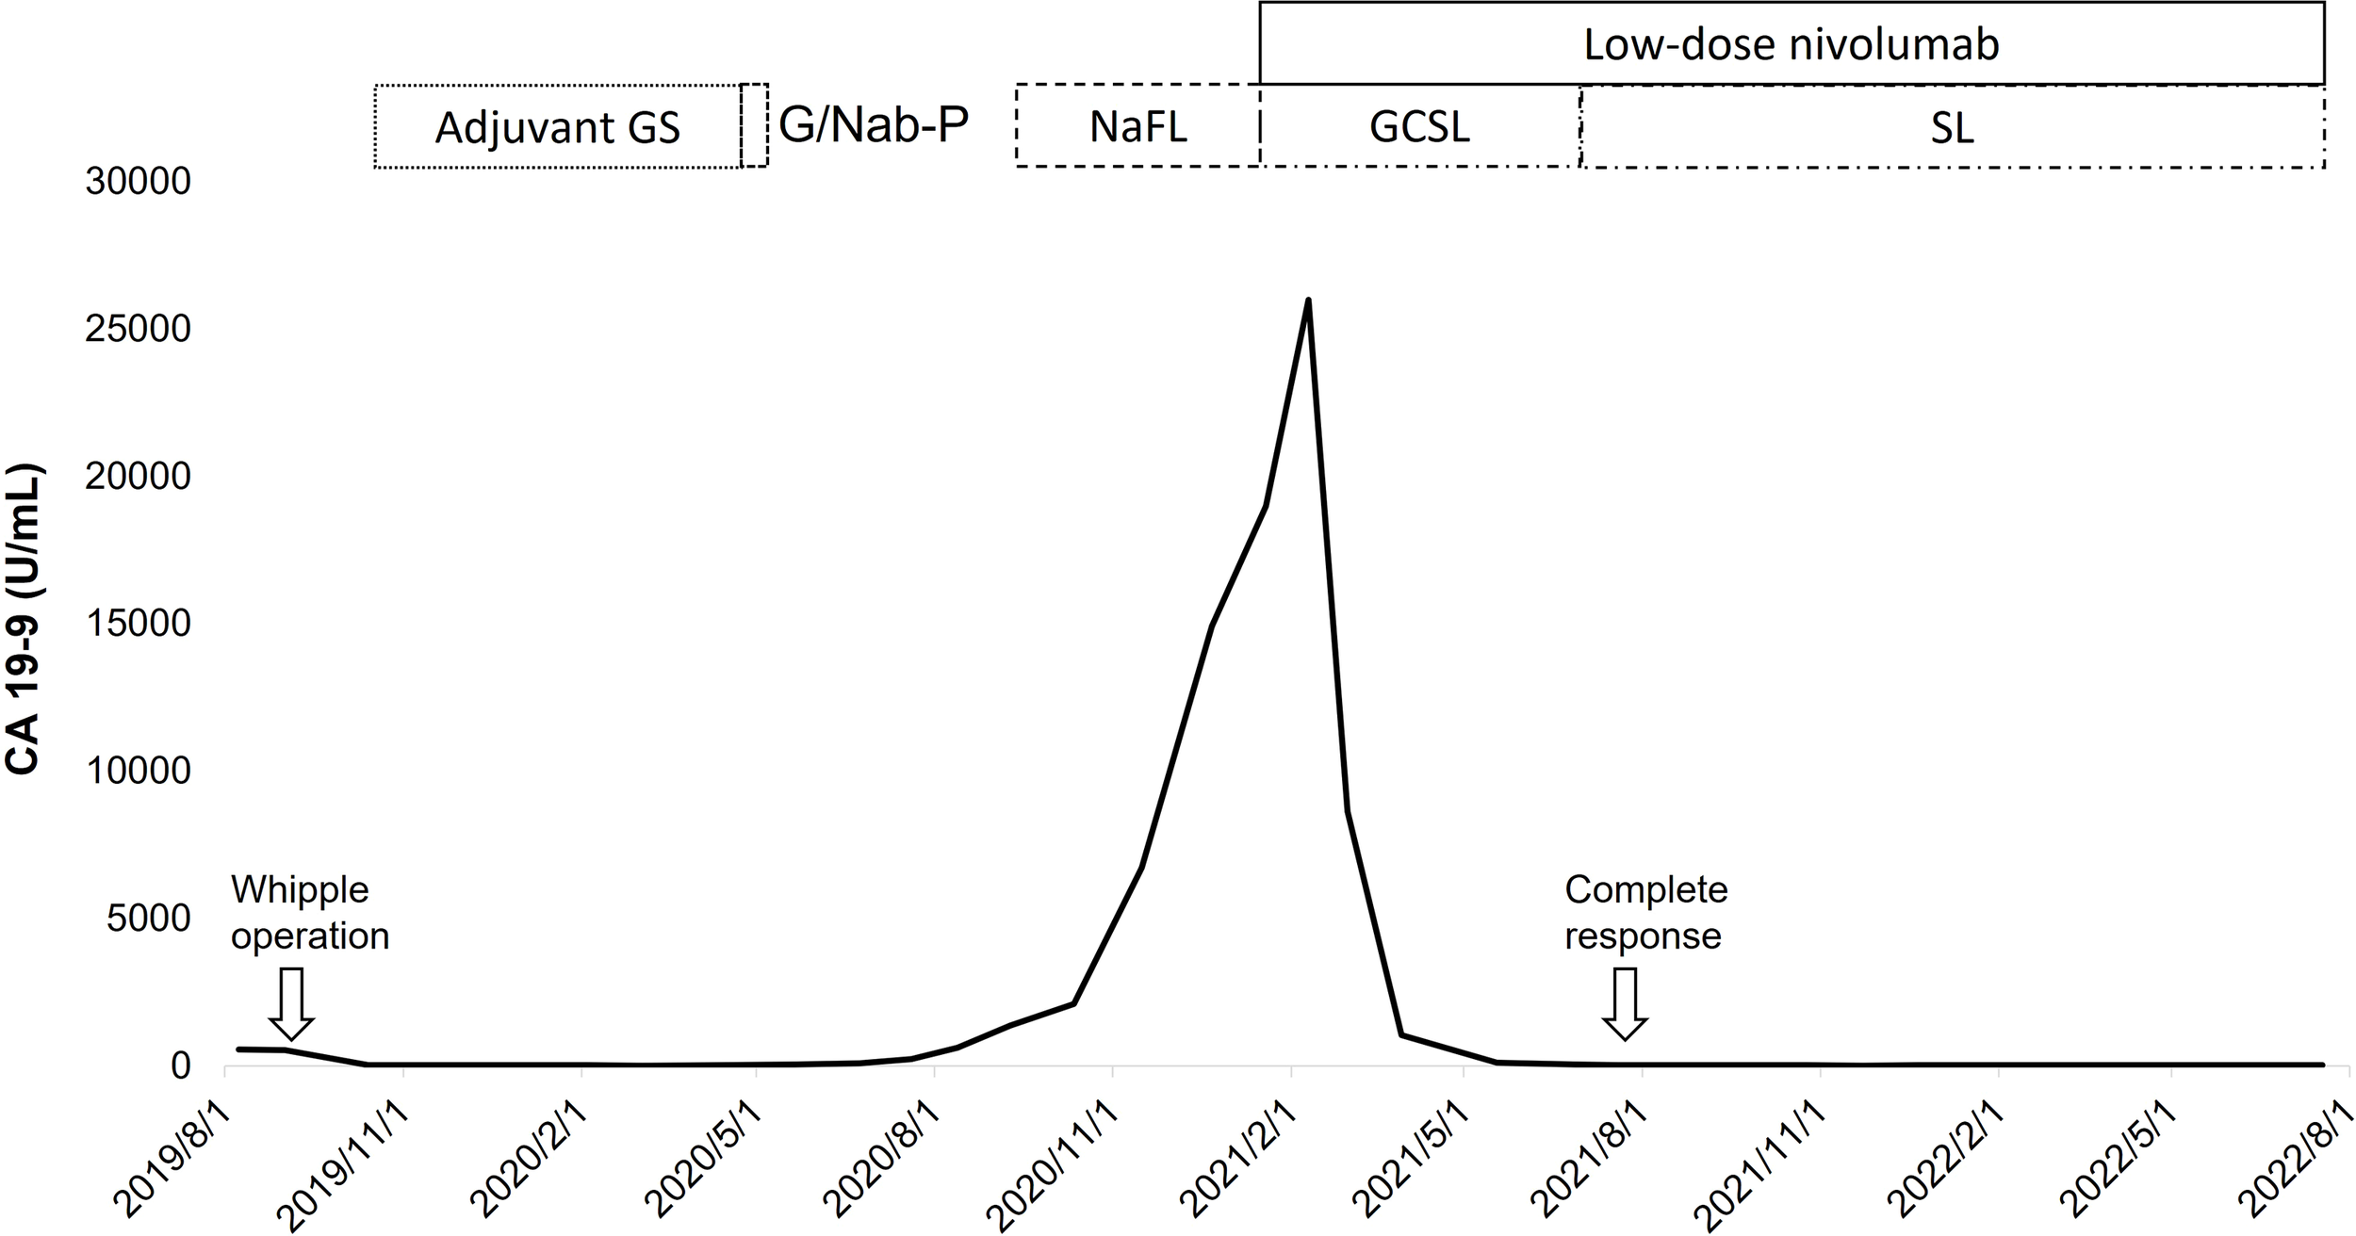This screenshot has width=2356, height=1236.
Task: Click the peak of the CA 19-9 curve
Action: pos(1307,301)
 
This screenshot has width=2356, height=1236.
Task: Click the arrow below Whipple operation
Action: pos(291,1004)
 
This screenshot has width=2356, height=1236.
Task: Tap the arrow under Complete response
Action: pos(1625,1004)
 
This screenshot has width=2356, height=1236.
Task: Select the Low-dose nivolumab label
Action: pos(1791,44)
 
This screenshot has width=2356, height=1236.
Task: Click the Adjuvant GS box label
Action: pos(557,128)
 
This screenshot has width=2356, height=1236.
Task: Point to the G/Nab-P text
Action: pos(874,125)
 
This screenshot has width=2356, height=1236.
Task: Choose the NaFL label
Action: pos(1137,126)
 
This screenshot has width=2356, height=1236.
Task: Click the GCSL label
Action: pos(1419,126)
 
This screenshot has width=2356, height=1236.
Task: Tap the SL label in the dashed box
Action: pos(1952,128)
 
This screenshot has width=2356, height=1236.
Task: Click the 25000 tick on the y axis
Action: pos(138,329)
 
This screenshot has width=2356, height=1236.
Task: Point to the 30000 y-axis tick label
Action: pos(138,182)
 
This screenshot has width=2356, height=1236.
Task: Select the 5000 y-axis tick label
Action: pos(148,919)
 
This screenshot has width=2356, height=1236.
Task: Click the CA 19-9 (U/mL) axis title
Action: pos(23,619)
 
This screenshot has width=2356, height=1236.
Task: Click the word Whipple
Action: pos(300,889)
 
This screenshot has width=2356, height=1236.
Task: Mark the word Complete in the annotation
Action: pos(1645,889)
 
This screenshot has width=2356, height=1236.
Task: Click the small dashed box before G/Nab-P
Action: pos(754,125)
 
